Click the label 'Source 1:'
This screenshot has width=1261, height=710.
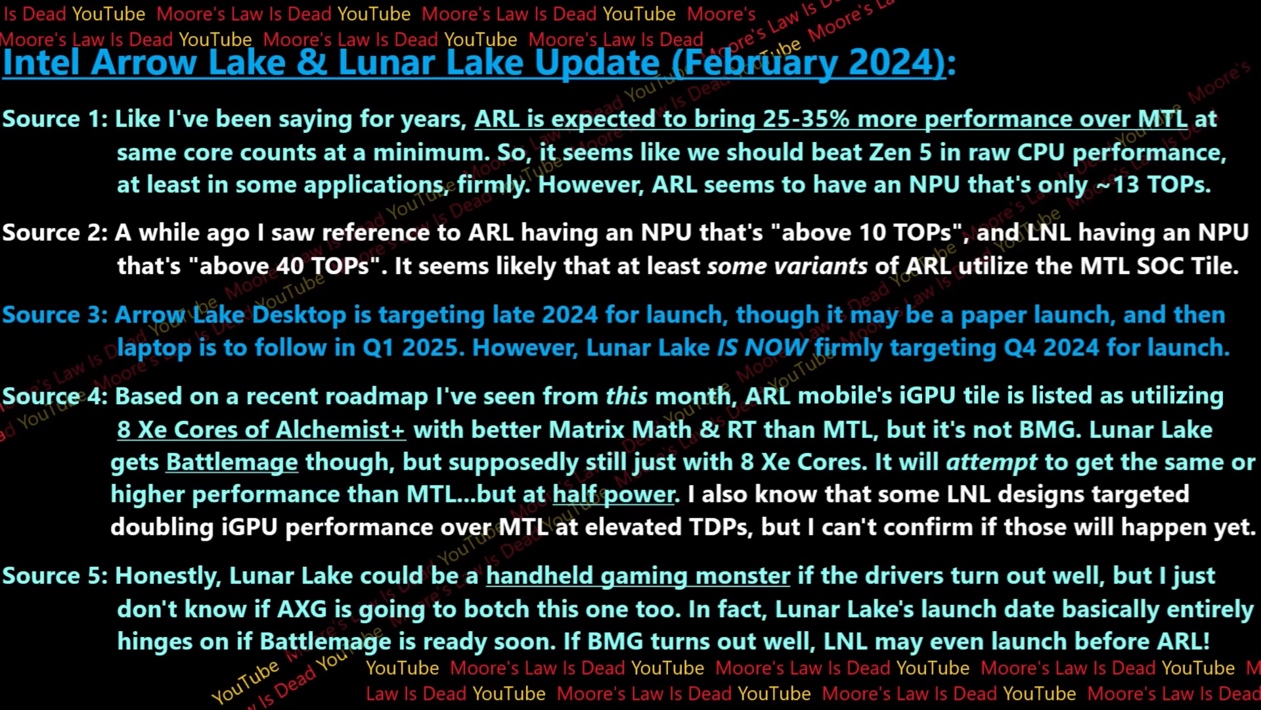pos(55,119)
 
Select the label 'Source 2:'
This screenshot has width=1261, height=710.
pos(55,233)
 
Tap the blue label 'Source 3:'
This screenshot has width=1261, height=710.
pos(55,315)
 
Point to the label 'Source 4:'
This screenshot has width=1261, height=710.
pos(55,396)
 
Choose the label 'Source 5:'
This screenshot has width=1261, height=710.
pos(55,576)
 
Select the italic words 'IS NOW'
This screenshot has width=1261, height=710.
pos(762,348)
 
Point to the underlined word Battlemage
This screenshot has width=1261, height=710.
pos(232,462)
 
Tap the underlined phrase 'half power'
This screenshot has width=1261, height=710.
pos(613,494)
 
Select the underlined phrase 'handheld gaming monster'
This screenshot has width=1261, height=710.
pos(638,576)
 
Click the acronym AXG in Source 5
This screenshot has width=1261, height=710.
pos(301,609)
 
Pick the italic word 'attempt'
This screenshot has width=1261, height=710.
pos(992,462)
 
